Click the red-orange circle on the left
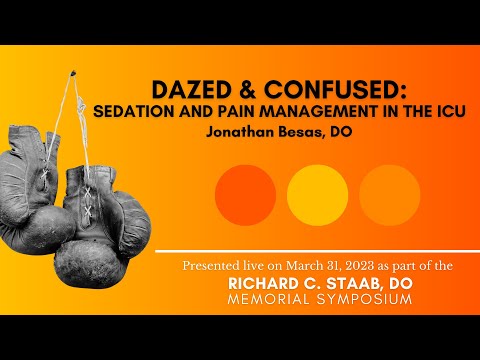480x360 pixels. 245,194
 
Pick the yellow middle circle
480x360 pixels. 317,194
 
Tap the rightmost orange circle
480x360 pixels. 389,194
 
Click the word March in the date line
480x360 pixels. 293,264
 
